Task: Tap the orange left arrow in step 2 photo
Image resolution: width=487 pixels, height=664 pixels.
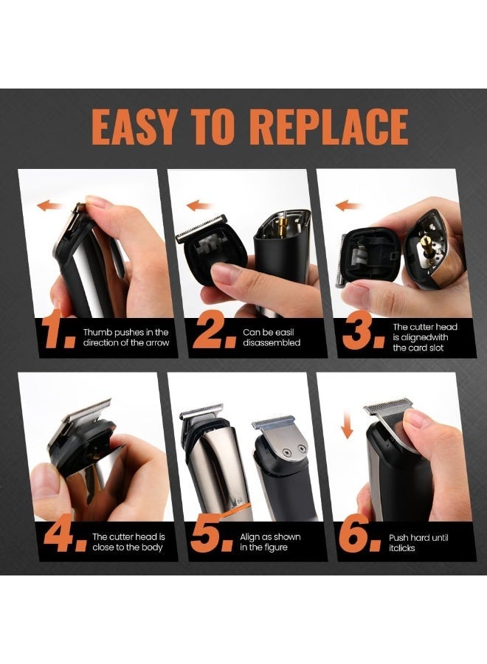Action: click(199, 206)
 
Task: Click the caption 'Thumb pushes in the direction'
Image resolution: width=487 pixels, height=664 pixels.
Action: click(125, 337)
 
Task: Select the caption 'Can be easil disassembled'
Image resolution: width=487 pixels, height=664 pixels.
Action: click(271, 337)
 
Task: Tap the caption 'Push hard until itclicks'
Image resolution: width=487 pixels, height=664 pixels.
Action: click(418, 542)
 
